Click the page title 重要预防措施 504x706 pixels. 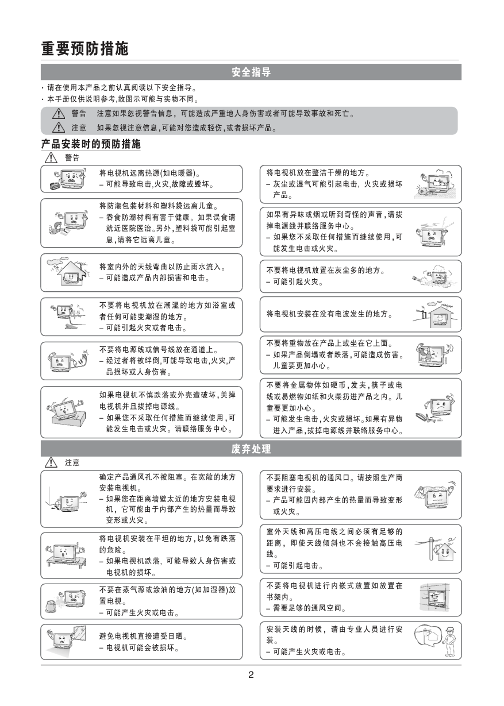(x=84, y=48)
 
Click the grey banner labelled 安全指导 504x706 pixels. (x=251, y=72)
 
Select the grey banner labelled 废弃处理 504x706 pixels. (x=251, y=448)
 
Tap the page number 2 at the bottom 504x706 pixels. (x=251, y=674)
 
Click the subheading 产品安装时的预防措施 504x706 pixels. (x=91, y=144)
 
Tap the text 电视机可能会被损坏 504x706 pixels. (x=141, y=648)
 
